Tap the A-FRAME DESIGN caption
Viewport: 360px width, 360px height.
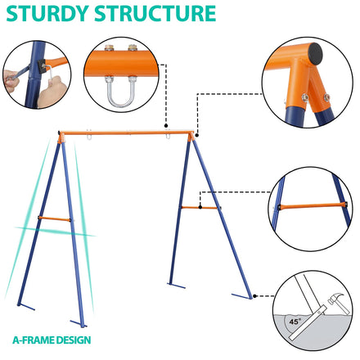tap(52, 340)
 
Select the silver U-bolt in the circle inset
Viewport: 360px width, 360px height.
tap(121, 92)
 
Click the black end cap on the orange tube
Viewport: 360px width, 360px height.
tap(316, 54)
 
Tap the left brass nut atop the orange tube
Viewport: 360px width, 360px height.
tap(109, 47)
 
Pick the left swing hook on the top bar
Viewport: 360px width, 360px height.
tap(89, 135)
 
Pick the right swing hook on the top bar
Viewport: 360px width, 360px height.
tap(168, 135)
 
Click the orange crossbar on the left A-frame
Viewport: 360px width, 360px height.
tap(54, 218)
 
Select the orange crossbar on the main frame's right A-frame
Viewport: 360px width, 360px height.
tap(200, 208)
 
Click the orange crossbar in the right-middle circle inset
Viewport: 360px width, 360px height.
tap(313, 206)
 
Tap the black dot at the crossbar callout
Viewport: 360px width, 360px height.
tap(200, 207)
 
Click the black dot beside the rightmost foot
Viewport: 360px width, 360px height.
tap(254, 296)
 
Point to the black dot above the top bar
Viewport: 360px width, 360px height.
tap(166, 126)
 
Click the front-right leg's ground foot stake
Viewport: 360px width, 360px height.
tap(241, 296)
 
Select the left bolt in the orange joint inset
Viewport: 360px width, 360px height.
tap(305, 97)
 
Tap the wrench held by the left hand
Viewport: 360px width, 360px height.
tap(19, 73)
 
